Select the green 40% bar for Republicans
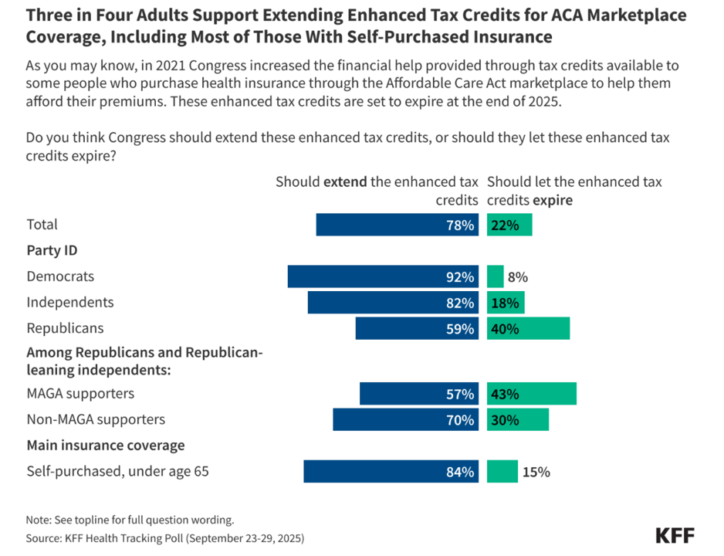point(528,328)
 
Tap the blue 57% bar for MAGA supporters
point(419,394)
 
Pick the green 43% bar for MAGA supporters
point(531,394)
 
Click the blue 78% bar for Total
point(398,225)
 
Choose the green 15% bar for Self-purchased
point(502,472)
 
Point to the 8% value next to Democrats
point(517,277)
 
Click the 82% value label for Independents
point(459,303)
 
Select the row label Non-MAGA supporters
point(96,420)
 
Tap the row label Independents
point(70,303)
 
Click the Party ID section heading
point(52,250)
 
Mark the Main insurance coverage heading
point(106,446)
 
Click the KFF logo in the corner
point(674,535)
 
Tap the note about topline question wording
point(130,520)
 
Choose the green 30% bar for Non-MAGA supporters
point(518,420)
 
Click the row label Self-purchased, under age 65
point(117,472)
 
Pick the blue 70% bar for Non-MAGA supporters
point(406,420)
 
